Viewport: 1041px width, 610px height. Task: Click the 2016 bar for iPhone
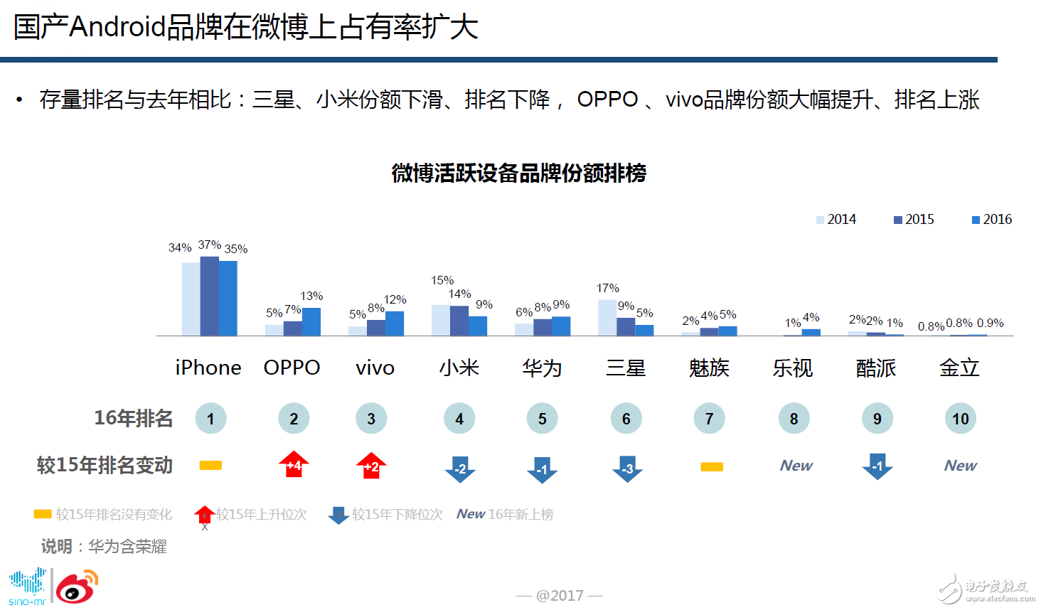click(x=228, y=298)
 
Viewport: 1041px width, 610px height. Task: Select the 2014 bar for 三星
click(x=607, y=317)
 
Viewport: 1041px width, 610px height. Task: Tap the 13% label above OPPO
click(x=311, y=296)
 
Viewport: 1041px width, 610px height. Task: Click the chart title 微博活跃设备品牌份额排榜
click(x=518, y=173)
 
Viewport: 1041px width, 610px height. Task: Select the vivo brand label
click(x=375, y=368)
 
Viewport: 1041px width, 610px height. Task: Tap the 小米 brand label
click(x=459, y=368)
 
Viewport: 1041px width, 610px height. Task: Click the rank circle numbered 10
click(x=960, y=419)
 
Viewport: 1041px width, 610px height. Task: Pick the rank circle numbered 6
click(x=626, y=419)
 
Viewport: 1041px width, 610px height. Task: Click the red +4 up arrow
click(x=294, y=464)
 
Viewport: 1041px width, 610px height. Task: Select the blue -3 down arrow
click(x=626, y=468)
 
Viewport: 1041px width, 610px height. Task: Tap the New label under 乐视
click(x=796, y=466)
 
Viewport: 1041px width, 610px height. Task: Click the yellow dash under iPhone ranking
click(x=210, y=466)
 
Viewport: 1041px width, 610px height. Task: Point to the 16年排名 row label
click(x=133, y=418)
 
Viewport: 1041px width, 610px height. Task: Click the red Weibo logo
click(x=76, y=587)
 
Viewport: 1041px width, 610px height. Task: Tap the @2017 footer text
click(x=560, y=595)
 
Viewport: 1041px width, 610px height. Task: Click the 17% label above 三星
click(x=607, y=288)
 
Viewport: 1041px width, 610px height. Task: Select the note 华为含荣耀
click(x=127, y=547)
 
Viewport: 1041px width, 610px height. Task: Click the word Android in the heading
click(x=117, y=27)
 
